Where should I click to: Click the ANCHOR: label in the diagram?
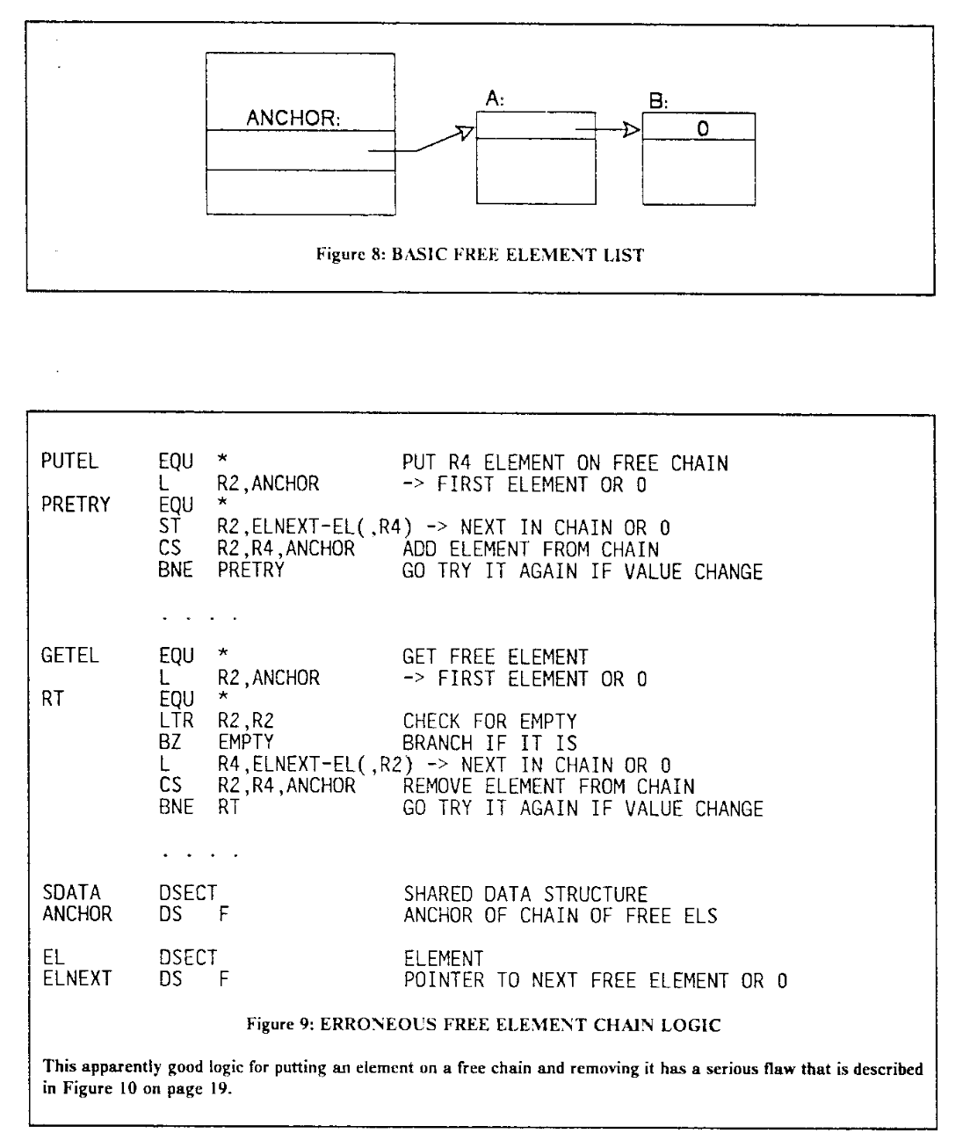[x=293, y=118]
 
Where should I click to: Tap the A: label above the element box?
[x=494, y=98]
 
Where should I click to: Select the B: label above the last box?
[x=658, y=100]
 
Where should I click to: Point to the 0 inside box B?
[x=702, y=129]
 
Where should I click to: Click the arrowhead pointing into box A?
[x=464, y=133]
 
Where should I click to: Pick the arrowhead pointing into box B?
[x=632, y=129]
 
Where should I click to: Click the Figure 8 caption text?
[x=480, y=254]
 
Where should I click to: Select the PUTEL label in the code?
[x=69, y=461]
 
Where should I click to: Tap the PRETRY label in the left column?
[x=76, y=505]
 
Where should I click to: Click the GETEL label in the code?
[x=69, y=656]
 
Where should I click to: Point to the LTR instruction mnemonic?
[x=176, y=720]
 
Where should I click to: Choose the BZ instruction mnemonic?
[x=170, y=742]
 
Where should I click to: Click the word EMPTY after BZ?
[x=245, y=742]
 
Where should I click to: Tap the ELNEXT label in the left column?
[x=77, y=978]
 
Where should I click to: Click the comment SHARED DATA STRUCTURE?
[x=525, y=894]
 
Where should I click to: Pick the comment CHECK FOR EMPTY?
[x=489, y=722]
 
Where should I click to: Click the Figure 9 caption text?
[x=483, y=1025]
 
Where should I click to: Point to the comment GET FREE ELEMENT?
[x=496, y=657]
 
